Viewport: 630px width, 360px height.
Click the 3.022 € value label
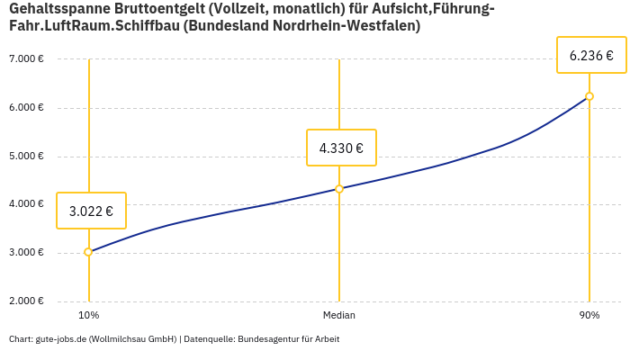91,211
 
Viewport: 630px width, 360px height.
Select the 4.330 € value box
341,148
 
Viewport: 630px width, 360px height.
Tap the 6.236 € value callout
591,56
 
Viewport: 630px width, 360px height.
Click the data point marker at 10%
88,252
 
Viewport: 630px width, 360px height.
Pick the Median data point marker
339,189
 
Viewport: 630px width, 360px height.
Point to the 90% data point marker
589,96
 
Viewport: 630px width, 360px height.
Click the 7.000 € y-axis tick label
26,59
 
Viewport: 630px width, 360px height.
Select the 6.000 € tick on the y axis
26,108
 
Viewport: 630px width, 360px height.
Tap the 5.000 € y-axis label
26,157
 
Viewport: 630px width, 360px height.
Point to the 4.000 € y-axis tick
26,204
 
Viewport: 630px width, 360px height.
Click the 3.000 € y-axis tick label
26,253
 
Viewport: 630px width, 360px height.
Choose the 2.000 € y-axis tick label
26,301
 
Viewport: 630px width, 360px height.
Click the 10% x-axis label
88,316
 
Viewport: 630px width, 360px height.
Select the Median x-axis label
339,316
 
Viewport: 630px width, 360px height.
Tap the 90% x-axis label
589,316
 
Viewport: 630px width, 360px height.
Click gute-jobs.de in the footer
60,339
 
